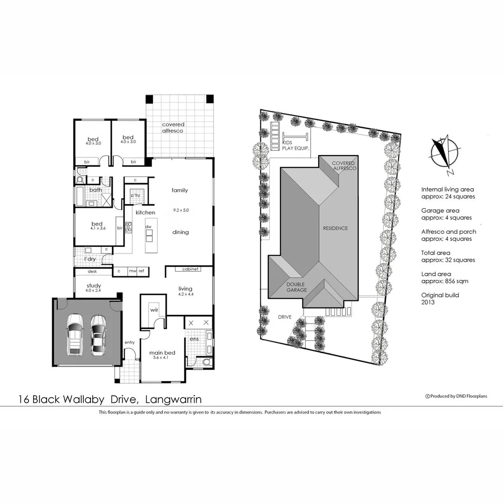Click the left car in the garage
pos(75,334)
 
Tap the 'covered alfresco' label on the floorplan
pos(173,128)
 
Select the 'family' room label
pos(179,190)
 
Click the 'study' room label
pos(94,285)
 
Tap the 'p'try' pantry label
pos(136,195)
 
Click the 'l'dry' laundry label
pos(89,259)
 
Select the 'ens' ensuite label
pos(193,339)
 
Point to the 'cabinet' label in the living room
pos(190,269)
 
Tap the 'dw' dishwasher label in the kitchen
pos(149,227)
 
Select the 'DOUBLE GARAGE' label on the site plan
pos(297,287)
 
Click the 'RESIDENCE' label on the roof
pos(335,228)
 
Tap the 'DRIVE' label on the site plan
pos(285,317)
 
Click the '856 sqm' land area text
pos(453,281)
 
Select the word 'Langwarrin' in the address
pos(173,399)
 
